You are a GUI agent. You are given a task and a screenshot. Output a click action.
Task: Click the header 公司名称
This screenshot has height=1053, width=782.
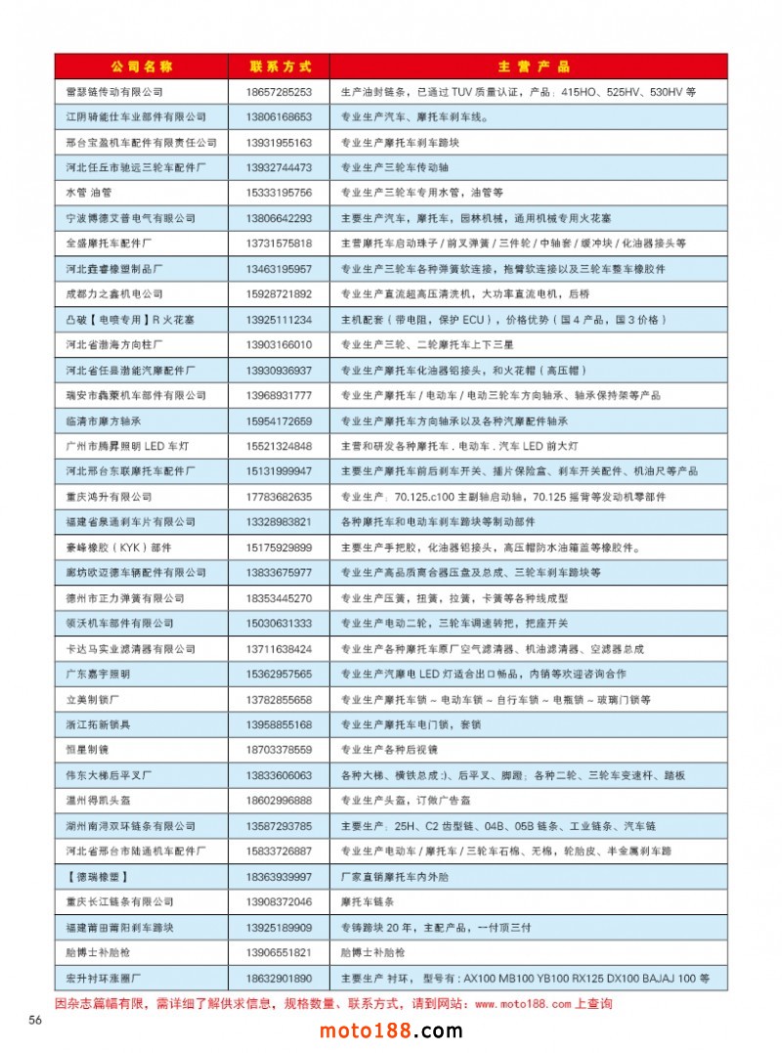tap(142, 66)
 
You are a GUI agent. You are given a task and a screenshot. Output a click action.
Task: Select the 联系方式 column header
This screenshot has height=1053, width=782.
tap(281, 66)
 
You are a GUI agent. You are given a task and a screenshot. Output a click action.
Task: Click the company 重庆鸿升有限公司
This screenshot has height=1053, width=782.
tap(109, 497)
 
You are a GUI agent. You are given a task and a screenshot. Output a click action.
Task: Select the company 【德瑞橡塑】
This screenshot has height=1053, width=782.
tap(98, 877)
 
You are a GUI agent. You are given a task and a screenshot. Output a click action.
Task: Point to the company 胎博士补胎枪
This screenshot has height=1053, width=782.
tap(98, 952)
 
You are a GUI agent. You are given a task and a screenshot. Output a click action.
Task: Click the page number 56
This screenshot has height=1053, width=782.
tap(35, 1021)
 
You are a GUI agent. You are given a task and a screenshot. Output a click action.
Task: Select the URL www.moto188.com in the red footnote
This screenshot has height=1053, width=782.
tap(522, 1004)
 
